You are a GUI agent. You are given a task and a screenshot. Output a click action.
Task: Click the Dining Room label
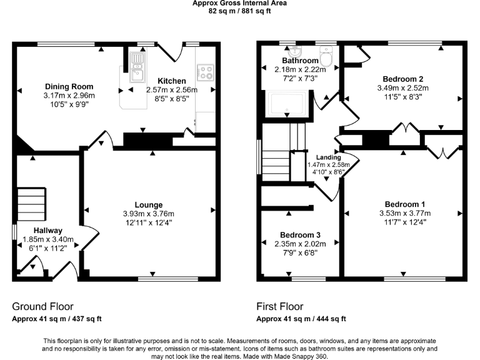(x=69, y=86)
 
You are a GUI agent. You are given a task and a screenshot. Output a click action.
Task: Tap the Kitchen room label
(x=171, y=81)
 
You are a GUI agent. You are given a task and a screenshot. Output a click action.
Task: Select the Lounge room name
(x=148, y=205)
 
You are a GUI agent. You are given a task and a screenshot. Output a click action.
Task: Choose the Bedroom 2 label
(x=403, y=79)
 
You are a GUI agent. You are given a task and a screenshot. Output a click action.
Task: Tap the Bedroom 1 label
(x=404, y=204)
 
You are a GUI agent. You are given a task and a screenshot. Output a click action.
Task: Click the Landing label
(x=328, y=157)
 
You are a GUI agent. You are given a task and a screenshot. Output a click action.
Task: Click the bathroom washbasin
(x=296, y=52)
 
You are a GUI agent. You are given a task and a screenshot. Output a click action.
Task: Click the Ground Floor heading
(x=42, y=307)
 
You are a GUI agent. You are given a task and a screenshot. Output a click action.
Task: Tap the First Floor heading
(x=280, y=307)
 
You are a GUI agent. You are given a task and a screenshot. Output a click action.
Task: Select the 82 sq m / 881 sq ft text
(x=239, y=11)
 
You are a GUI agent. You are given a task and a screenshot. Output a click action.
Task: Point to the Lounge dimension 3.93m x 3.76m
(x=148, y=214)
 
